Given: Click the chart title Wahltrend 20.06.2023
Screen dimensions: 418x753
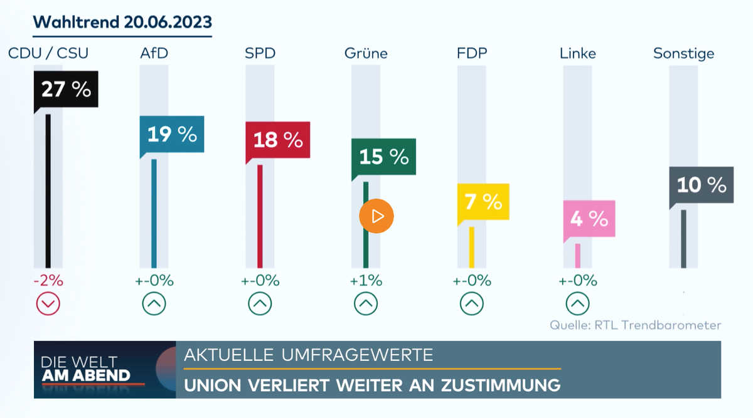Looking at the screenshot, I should [x=122, y=23].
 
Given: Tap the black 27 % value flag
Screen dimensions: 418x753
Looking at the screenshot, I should [x=66, y=90].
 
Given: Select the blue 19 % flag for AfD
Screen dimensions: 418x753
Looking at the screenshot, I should [x=172, y=134].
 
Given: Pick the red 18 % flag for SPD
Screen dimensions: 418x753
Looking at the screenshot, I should [x=277, y=139].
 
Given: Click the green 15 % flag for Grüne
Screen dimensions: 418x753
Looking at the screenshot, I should [x=383, y=156].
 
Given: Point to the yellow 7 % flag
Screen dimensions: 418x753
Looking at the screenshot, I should [x=483, y=202].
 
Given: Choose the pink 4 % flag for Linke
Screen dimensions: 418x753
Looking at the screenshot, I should [x=589, y=218].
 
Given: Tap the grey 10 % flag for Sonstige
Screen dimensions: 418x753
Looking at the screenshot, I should [x=701, y=185].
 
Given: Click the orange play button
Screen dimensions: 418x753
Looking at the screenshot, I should [x=376, y=217].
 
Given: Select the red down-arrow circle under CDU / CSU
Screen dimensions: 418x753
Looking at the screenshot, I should [x=48, y=305].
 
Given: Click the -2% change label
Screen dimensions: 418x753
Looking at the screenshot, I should [x=48, y=281].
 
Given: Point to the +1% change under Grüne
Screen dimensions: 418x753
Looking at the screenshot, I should [x=367, y=281].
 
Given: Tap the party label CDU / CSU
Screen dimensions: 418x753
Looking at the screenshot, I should [x=48, y=53].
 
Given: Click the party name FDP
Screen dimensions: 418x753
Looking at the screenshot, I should [x=472, y=53].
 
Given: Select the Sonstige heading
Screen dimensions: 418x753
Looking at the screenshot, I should [x=683, y=53].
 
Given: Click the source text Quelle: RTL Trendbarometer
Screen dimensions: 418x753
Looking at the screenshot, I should [x=636, y=325].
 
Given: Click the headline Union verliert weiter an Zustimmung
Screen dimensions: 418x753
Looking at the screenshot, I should [x=372, y=385].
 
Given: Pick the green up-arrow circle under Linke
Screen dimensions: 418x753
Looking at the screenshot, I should [x=578, y=305].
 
